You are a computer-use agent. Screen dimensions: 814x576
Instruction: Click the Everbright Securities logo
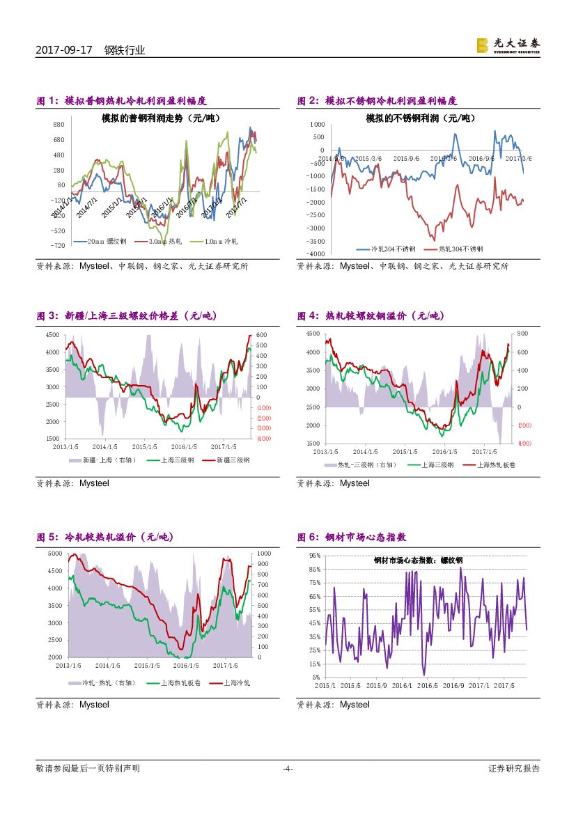click(x=508, y=45)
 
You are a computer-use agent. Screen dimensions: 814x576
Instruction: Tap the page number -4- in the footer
click(x=288, y=769)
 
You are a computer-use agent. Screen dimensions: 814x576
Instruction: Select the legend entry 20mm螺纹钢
click(x=106, y=241)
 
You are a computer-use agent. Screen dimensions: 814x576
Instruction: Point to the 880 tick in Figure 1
click(x=59, y=124)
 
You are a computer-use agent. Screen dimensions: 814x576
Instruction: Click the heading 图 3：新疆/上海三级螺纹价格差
click(x=127, y=316)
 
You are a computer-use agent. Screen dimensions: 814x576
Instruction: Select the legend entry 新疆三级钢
click(x=233, y=460)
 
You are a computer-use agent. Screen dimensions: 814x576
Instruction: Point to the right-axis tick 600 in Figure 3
click(x=261, y=334)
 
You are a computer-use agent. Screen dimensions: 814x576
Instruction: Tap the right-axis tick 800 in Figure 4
click(x=522, y=334)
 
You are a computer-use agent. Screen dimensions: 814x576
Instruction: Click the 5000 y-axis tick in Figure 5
click(x=55, y=554)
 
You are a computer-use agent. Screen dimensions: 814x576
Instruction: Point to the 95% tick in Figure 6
click(x=314, y=556)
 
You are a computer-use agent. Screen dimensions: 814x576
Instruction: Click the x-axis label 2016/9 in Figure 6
click(x=453, y=686)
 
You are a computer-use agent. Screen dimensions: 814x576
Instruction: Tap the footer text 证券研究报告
click(x=514, y=769)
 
